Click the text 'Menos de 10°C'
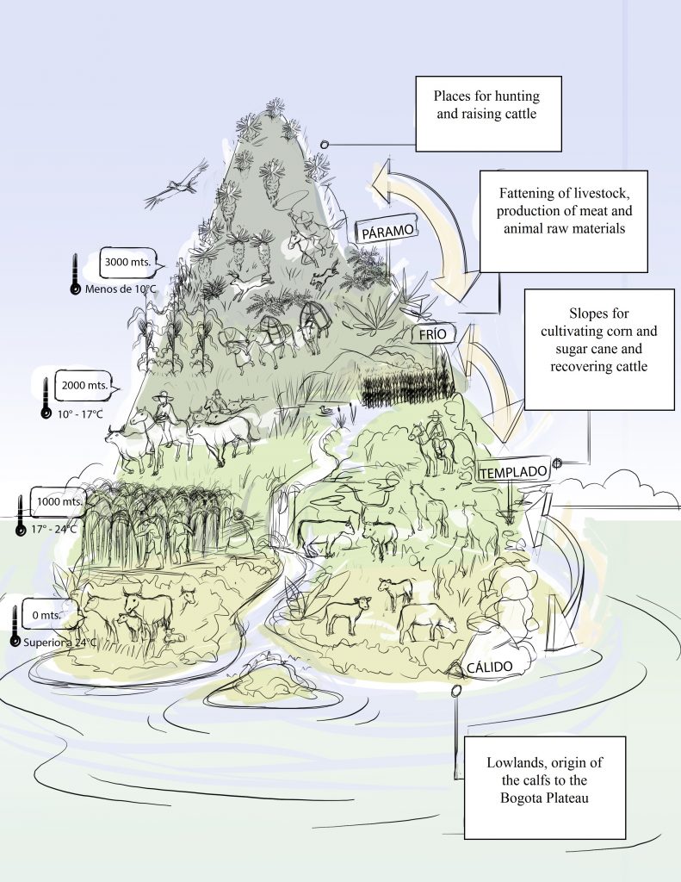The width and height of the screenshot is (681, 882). (121, 289)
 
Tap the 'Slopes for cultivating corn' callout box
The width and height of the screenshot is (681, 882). (598, 348)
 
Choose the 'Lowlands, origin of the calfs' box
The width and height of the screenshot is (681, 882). (543, 786)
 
